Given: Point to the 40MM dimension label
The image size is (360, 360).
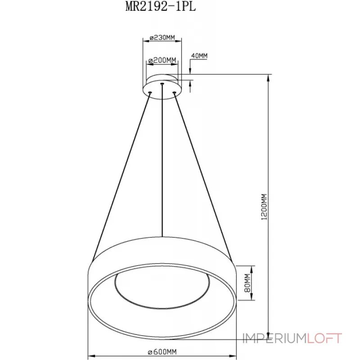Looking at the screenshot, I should coord(199,55).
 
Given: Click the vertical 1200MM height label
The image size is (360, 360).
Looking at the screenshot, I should coord(264,207).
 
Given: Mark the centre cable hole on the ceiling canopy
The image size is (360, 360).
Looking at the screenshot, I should coord(162,83).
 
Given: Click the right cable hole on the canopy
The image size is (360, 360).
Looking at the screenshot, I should coord(174,93).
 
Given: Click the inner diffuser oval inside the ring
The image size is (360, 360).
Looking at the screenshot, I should coord(162,288).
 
